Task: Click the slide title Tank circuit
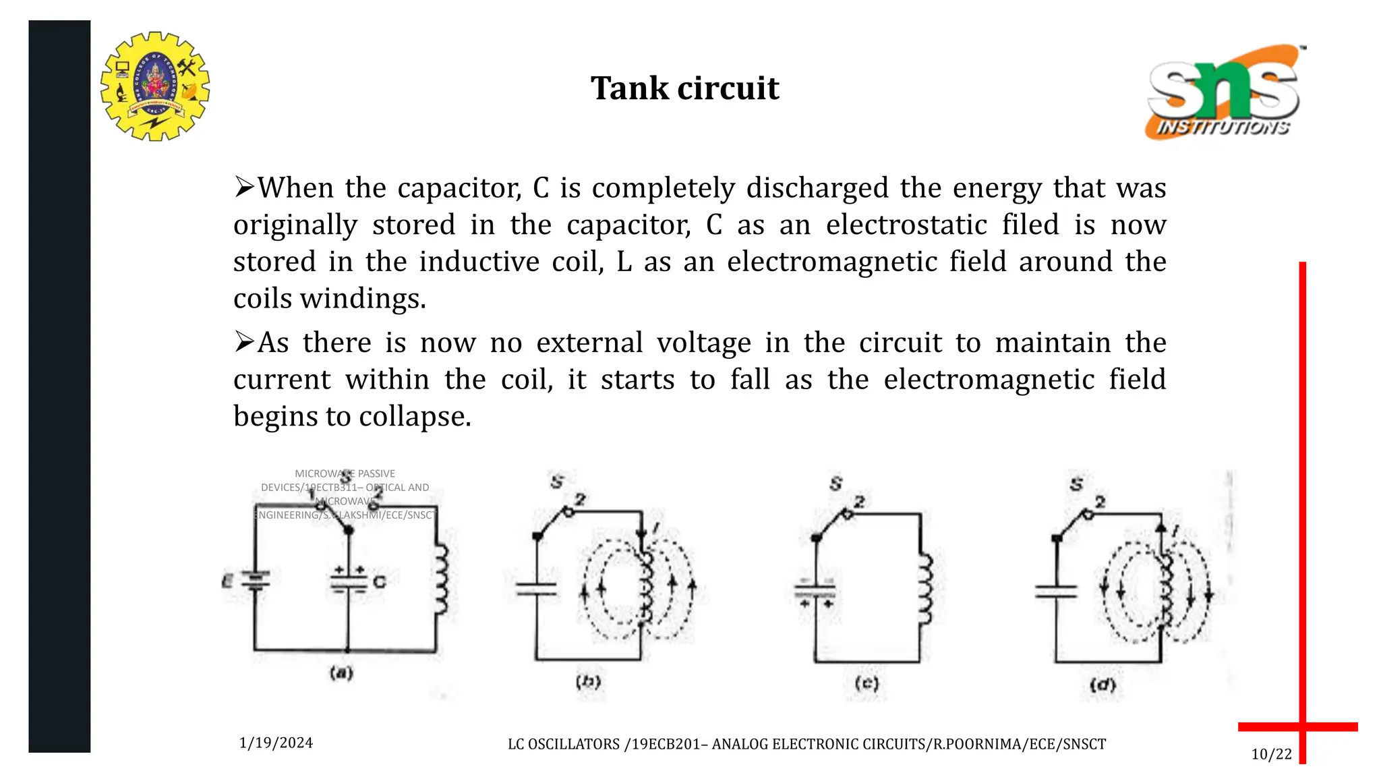684,88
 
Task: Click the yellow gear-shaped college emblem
155,86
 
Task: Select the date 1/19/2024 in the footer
276,743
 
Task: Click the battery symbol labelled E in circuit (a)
255,580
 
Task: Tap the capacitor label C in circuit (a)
380,581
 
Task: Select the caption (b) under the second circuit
588,682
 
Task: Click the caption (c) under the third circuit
866,683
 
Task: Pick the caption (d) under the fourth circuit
1103,685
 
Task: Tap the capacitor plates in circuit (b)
537,589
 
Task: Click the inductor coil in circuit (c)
924,589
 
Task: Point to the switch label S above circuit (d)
1076,484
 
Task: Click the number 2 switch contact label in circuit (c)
859,502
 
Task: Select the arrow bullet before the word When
243,187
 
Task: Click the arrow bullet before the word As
243,342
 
